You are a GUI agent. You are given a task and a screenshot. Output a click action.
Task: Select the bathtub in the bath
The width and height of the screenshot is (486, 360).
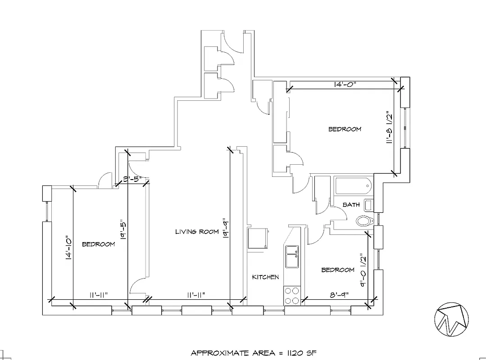pyautogui.click(x=352, y=185)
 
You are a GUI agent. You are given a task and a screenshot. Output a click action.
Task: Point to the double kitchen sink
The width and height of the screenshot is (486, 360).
pyautogui.click(x=292, y=256)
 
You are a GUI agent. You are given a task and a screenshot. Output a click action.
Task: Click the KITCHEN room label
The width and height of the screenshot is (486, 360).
pyautogui.click(x=265, y=277)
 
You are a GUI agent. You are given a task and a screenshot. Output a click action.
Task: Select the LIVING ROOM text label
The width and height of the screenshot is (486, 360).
pyautogui.click(x=197, y=232)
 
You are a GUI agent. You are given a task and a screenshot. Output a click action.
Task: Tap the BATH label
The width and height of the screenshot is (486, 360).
pyautogui.click(x=351, y=205)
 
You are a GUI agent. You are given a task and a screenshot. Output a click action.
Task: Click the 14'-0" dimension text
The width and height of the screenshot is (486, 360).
pyautogui.click(x=345, y=84)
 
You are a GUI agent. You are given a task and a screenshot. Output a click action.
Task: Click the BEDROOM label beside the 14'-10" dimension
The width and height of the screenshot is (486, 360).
pyautogui.click(x=98, y=244)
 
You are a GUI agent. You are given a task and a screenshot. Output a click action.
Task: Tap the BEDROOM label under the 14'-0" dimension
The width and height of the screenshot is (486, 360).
pyautogui.click(x=345, y=129)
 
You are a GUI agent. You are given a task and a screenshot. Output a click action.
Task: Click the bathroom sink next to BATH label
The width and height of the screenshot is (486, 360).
pyautogui.click(x=368, y=205)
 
